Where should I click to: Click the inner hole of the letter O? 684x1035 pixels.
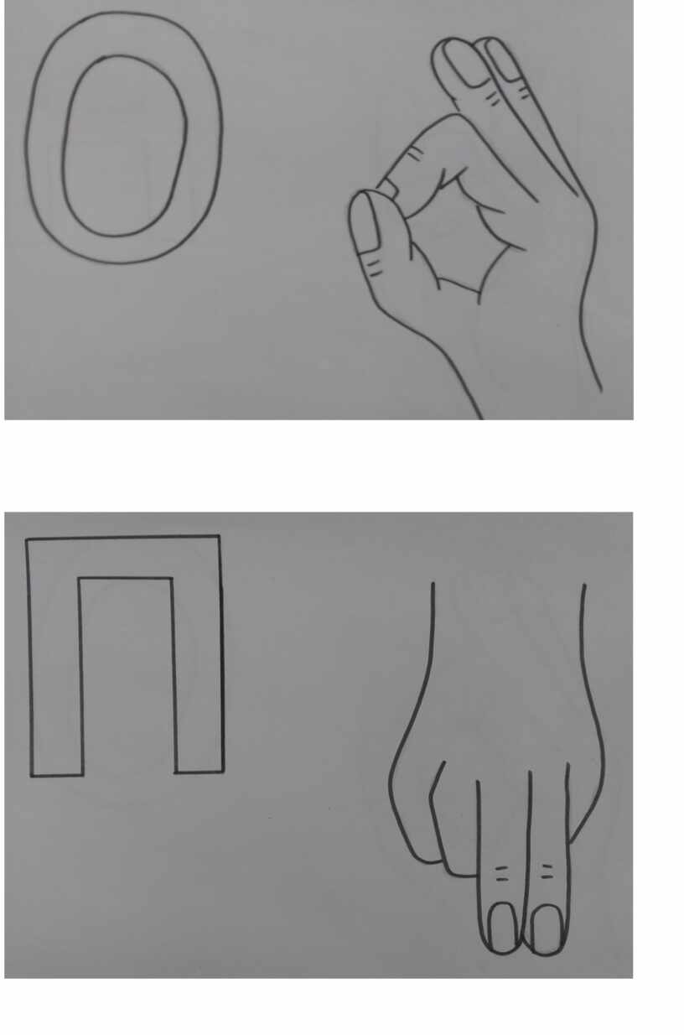[x=125, y=146]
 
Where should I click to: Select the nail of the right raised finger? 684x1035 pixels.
[x=504, y=62]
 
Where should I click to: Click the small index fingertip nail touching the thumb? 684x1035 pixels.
[x=388, y=189]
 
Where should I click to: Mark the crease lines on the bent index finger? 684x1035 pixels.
[x=416, y=153]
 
